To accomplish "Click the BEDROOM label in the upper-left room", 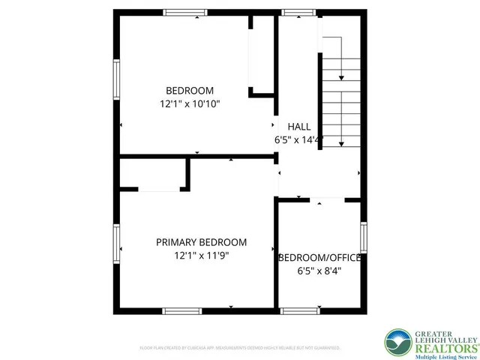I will [190, 91].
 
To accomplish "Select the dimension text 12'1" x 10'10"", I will [190, 104].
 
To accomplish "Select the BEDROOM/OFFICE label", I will [320, 258].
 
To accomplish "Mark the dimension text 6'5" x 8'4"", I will [320, 271].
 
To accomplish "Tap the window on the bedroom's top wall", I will [185, 12].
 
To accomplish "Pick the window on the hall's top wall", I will [292, 12].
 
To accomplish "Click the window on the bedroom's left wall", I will [116, 78].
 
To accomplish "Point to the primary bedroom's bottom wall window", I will [181, 310].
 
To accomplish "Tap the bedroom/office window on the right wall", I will [364, 238].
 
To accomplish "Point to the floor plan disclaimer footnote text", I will [239, 348].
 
